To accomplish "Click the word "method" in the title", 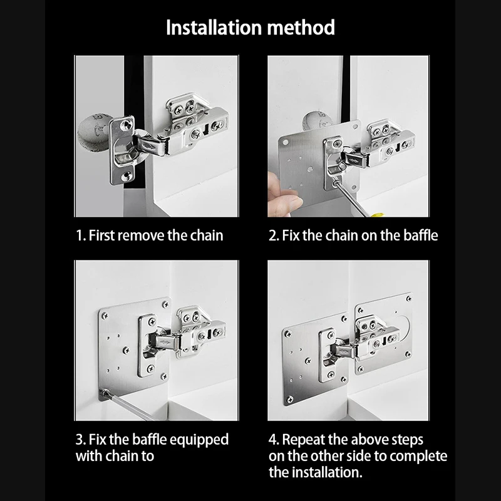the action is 301,28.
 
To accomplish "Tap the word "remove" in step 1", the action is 143,235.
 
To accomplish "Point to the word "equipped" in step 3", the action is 199,440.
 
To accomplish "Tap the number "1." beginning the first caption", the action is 81,235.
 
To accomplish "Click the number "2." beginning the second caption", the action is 274,235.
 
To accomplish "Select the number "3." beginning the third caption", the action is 81,440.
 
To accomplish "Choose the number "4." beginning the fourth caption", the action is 274,440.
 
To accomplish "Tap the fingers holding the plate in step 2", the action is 284,195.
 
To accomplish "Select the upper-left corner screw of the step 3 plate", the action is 105,316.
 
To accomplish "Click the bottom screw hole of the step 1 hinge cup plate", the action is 127,175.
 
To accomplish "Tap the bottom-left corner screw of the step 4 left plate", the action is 290,399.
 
